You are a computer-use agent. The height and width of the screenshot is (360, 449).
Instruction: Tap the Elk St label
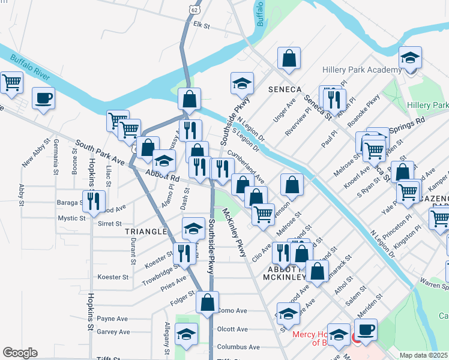click(x=200, y=26)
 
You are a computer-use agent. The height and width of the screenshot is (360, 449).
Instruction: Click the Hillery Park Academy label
click(x=361, y=70)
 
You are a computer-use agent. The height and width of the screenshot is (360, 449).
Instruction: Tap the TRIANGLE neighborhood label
click(x=145, y=231)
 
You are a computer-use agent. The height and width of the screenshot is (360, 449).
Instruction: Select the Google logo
click(x=20, y=353)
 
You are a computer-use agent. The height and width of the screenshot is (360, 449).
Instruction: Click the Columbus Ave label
click(x=238, y=347)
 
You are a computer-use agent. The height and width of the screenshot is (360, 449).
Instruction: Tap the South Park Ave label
click(x=99, y=154)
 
